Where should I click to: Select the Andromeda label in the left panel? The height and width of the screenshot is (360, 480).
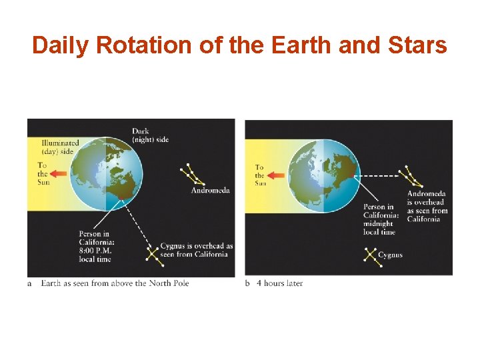[210, 190]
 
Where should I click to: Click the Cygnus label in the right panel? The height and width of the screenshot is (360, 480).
[390, 255]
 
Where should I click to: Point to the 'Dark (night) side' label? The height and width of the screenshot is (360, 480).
[150, 135]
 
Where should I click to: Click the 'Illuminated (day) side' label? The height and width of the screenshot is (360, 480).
[60, 147]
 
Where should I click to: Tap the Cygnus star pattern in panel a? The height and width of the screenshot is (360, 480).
[154, 253]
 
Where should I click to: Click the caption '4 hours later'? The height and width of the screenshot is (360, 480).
[279, 283]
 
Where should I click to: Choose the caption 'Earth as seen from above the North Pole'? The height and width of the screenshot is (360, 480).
[115, 283]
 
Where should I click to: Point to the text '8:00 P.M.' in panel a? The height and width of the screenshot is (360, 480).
[96, 251]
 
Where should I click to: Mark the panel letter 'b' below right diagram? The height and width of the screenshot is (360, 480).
[247, 283]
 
